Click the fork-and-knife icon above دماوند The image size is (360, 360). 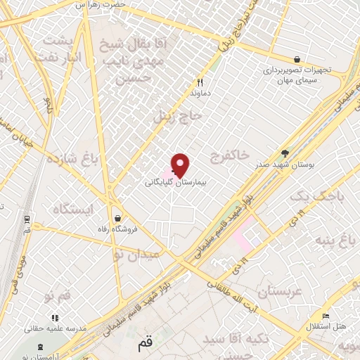tap(200, 82)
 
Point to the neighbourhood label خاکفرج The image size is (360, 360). tap(229, 155)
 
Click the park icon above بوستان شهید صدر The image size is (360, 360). tap(285, 153)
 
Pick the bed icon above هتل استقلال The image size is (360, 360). tap(325, 316)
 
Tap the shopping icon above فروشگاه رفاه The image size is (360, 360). tap(117, 218)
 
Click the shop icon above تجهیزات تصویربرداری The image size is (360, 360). tap(297, 60)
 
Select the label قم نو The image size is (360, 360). tap(57, 295)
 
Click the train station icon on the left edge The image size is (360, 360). tap(27, 219)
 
